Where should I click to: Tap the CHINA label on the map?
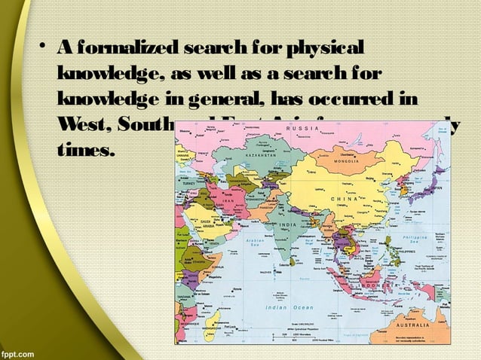(x=348, y=197)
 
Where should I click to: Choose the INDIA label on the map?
(x=287, y=225)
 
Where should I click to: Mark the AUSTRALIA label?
(x=412, y=325)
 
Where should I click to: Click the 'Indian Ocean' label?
(x=290, y=307)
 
